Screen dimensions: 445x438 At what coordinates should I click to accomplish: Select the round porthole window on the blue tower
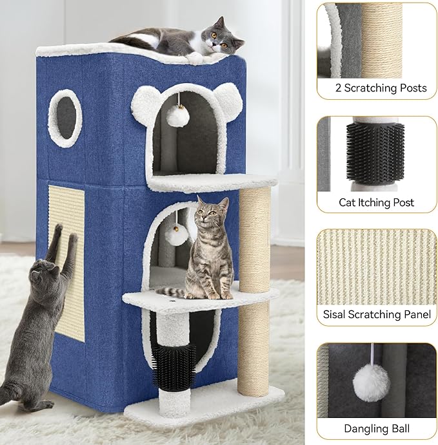point(65,117)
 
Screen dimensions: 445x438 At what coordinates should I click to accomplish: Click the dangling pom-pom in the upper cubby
point(176,116)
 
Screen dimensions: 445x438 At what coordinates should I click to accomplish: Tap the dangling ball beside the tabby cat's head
point(175,234)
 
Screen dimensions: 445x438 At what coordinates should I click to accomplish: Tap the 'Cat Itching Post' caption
point(377,202)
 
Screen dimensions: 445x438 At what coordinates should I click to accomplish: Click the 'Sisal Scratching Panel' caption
point(377,315)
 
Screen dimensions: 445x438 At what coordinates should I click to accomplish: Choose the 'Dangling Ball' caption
point(377,428)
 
